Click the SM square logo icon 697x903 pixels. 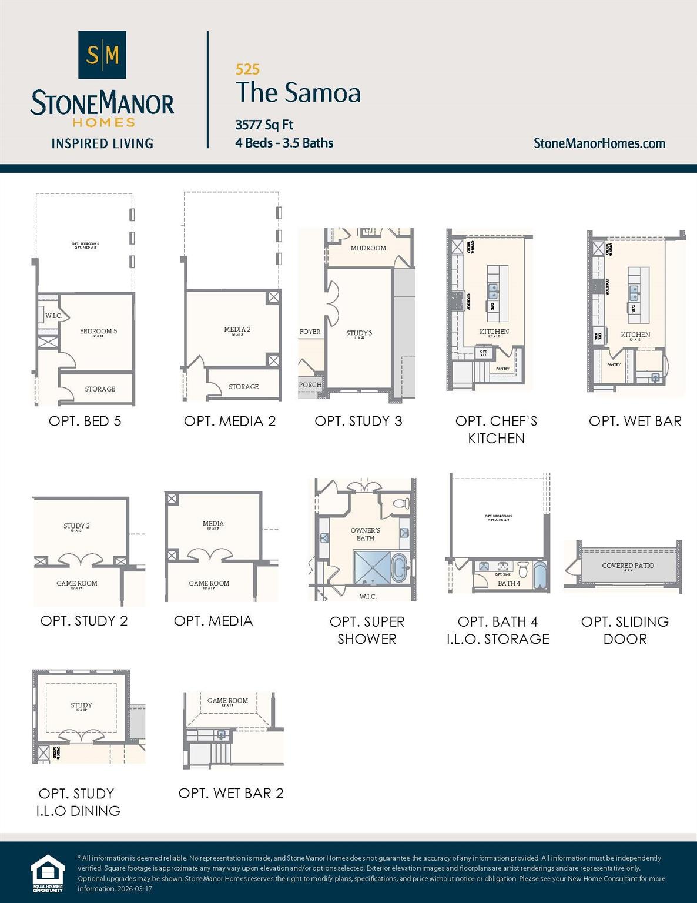click(102, 55)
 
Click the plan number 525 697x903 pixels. click(247, 69)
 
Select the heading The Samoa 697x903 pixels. click(298, 93)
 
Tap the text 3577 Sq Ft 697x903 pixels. click(264, 125)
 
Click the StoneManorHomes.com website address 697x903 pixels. click(599, 143)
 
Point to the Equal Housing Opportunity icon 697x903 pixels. click(48, 874)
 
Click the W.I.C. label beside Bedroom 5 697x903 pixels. click(53, 316)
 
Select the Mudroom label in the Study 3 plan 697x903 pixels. click(368, 248)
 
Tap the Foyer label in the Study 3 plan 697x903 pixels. click(310, 332)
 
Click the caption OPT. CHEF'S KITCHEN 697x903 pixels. click(496, 429)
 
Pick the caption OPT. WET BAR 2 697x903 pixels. click(231, 793)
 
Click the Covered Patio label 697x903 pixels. click(628, 566)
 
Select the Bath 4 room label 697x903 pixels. click(509, 583)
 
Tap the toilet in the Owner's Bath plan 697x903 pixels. click(401, 504)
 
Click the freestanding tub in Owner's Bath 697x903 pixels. click(400, 567)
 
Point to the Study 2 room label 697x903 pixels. click(76, 526)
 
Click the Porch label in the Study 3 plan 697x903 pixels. click(310, 385)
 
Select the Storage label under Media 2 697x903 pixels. click(243, 386)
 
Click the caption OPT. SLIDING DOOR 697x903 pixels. click(625, 630)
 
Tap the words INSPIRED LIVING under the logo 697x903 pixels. click(102, 143)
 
